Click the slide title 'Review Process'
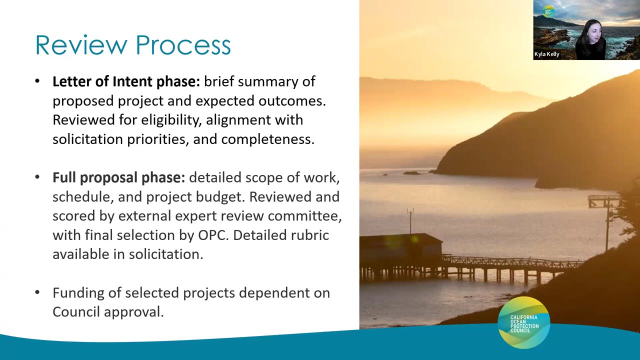(x=133, y=45)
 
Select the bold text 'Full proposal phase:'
(x=119, y=177)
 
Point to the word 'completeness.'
(x=268, y=139)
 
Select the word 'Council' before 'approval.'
(x=76, y=311)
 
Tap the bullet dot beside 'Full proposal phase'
(x=37, y=177)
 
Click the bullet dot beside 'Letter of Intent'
(x=37, y=81)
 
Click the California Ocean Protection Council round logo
(x=524, y=322)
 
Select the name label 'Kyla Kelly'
(x=546, y=54)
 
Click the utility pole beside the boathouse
(x=410, y=220)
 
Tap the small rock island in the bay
(x=411, y=173)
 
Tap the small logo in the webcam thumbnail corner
(x=548, y=11)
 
